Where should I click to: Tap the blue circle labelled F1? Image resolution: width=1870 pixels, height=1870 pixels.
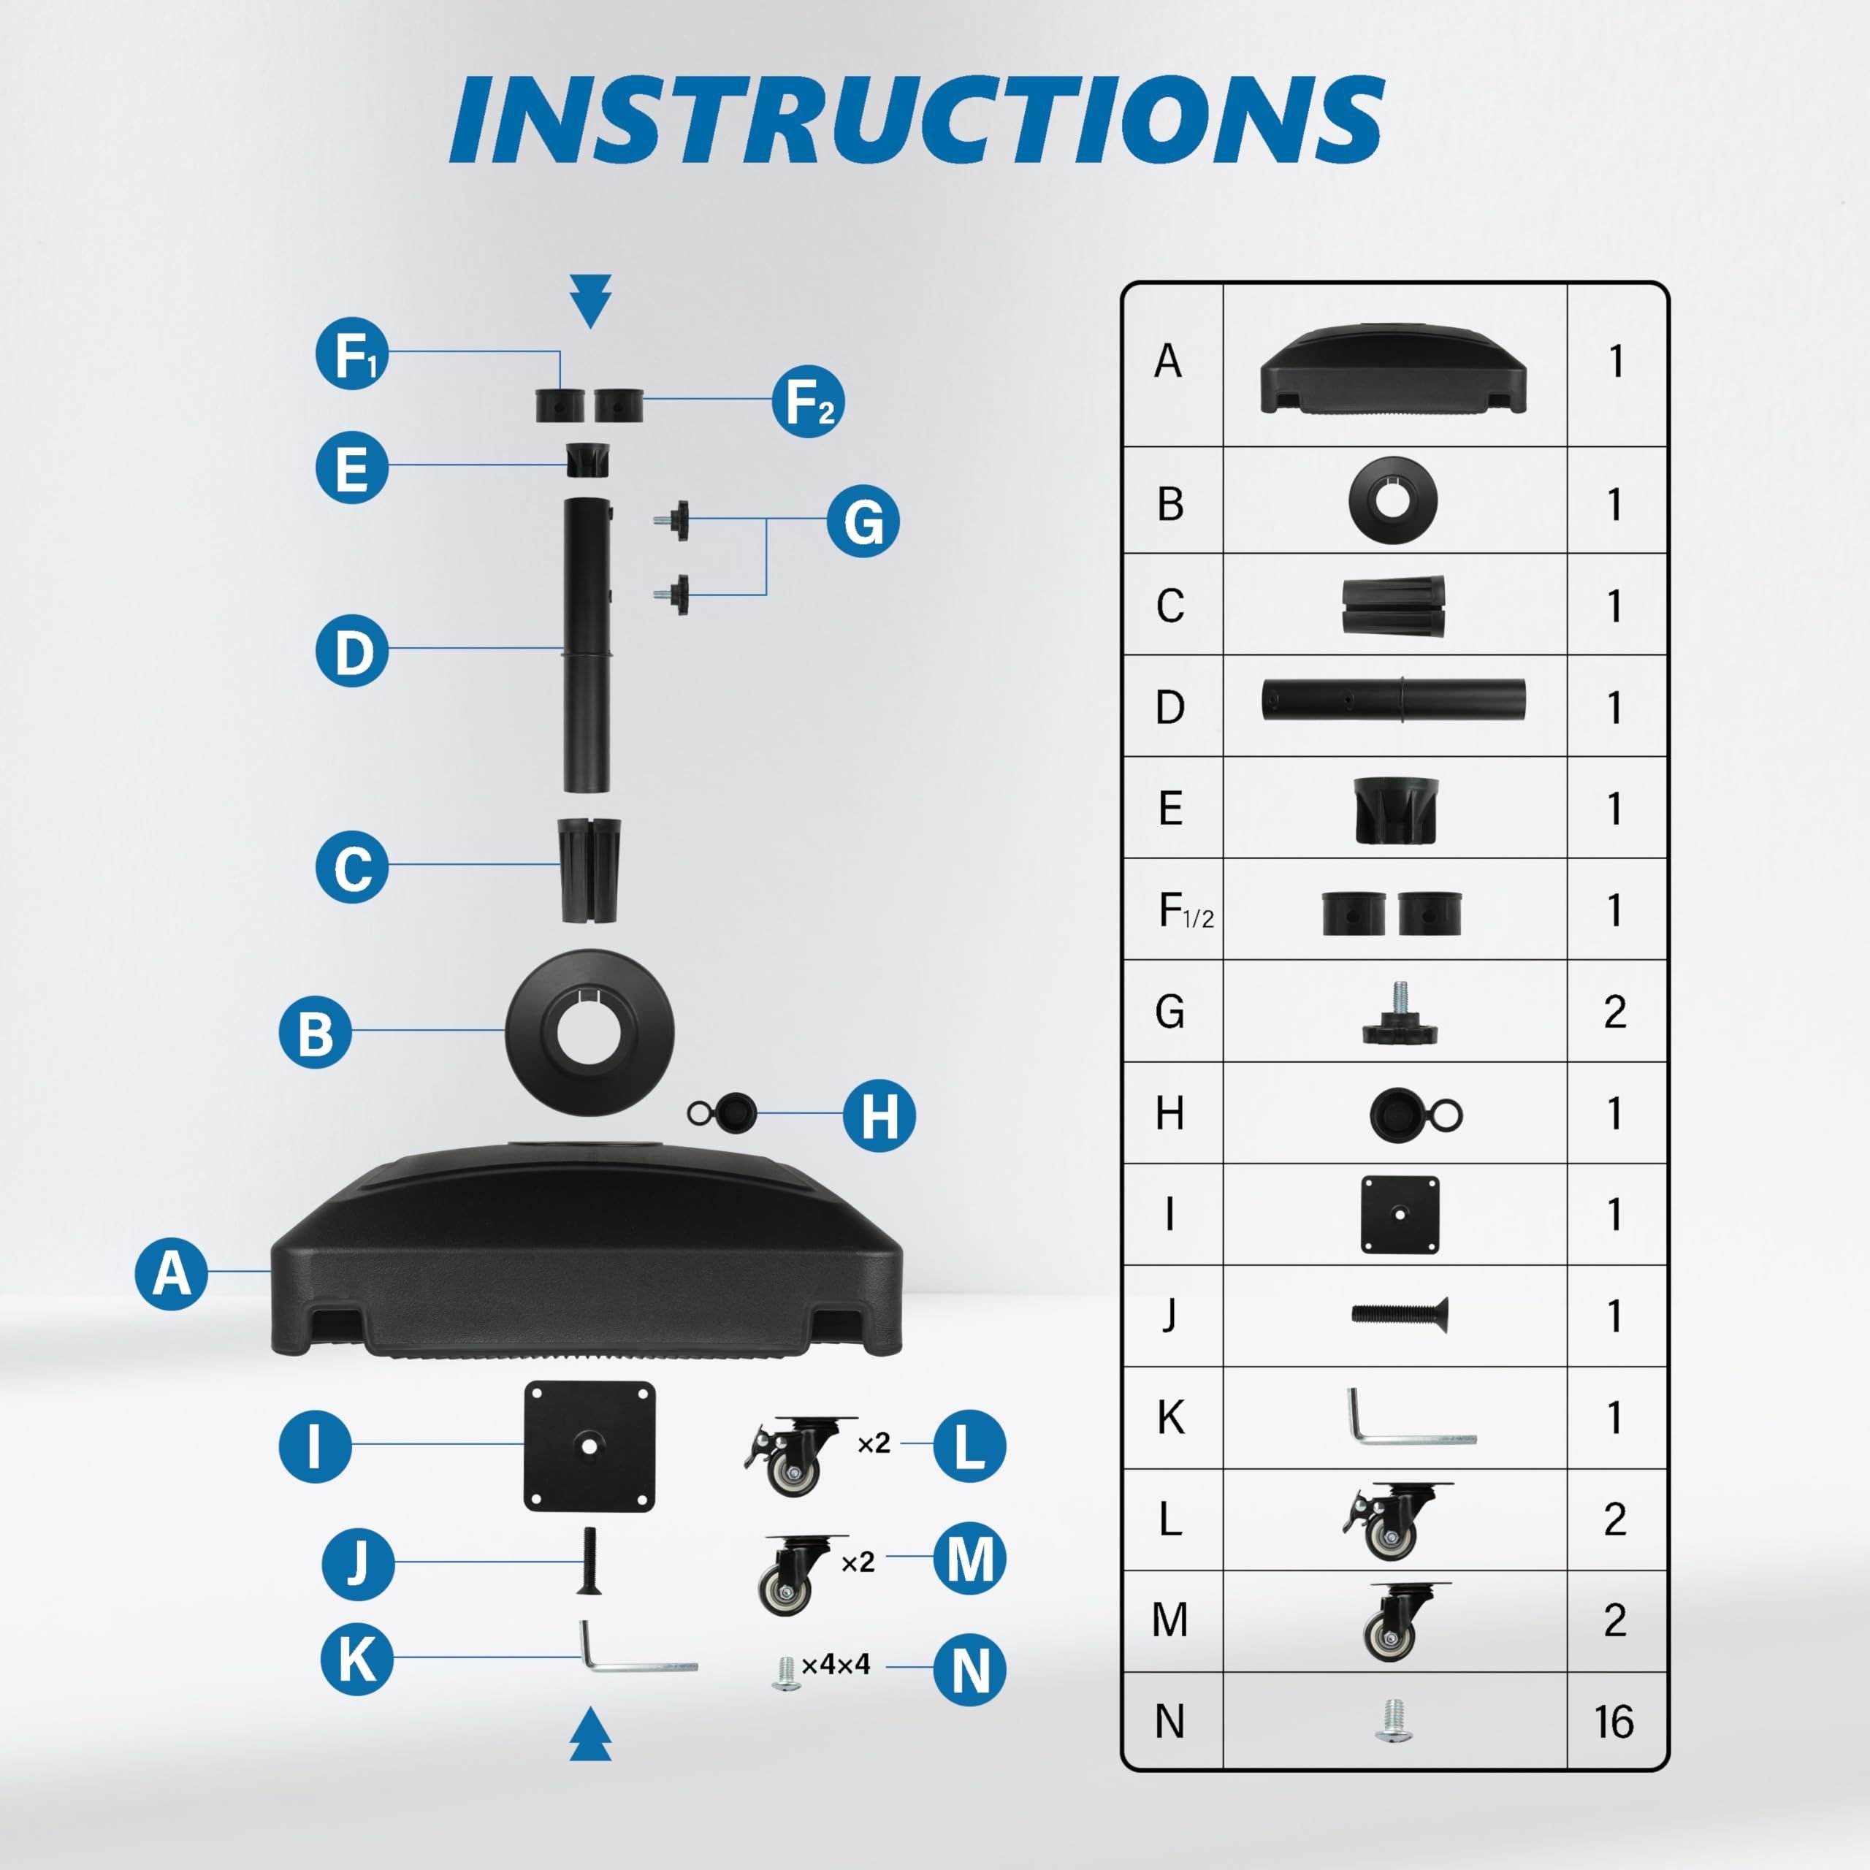[352, 354]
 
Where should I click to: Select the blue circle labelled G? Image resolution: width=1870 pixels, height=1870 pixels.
[863, 521]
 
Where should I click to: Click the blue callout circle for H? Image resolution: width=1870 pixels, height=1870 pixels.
[879, 1115]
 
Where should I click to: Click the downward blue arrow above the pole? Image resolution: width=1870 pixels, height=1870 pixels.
[590, 301]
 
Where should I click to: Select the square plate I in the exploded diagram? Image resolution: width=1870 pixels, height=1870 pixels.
[589, 1446]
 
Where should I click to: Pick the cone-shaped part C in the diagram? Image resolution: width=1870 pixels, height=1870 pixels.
[589, 870]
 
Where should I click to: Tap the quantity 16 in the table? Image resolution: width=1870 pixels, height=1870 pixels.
[1614, 1721]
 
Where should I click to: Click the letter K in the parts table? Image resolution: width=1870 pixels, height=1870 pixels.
[1170, 1417]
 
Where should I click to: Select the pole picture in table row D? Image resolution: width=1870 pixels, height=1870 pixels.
[1393, 699]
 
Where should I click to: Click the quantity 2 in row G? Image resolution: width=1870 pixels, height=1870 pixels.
[1614, 1012]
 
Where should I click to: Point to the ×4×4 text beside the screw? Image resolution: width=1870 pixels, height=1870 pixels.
[836, 1664]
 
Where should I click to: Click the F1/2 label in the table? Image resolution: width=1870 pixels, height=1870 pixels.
[1186, 911]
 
